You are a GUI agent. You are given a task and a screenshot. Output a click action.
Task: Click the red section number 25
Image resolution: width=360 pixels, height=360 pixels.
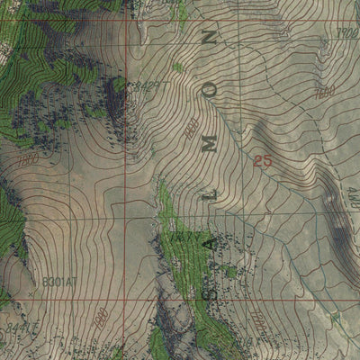tap(262, 162)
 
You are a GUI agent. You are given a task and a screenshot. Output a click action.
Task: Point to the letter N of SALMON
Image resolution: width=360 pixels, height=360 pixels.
tap(211, 39)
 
